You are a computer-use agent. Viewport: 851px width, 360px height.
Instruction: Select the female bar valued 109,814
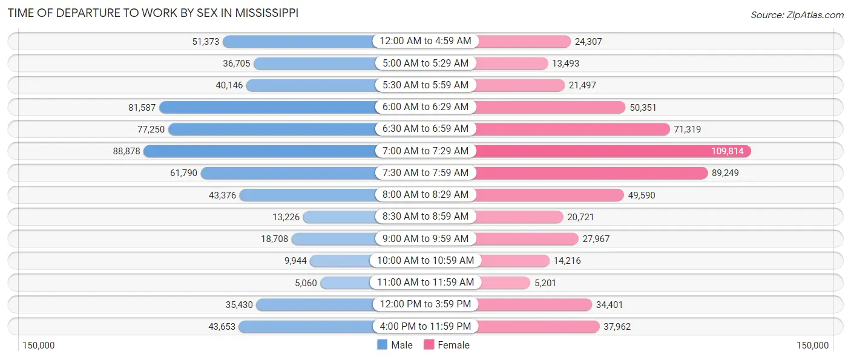coord(611,151)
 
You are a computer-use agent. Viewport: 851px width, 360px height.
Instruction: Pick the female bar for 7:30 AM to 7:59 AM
coord(590,173)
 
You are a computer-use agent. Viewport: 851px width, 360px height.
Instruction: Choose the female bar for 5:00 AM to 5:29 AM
coord(511,64)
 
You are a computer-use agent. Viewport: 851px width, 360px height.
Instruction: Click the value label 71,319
coord(688,129)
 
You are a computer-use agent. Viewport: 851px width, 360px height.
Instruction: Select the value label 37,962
coord(617,327)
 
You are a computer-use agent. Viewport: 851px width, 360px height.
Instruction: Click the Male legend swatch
coord(382,345)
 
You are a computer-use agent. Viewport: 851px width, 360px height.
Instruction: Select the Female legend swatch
coord(429,345)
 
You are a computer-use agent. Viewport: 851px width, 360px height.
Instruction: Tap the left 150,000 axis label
coord(39,345)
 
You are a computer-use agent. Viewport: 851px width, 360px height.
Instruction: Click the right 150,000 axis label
coord(812,345)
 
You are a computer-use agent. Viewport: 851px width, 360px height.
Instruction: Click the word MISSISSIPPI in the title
coord(264,13)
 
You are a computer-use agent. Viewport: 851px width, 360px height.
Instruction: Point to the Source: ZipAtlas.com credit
coord(797,15)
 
